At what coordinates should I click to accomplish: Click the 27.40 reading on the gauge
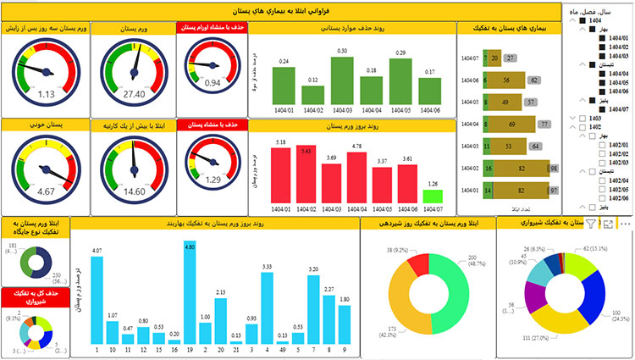click(x=132, y=94)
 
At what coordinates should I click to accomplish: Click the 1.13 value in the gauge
click(x=46, y=94)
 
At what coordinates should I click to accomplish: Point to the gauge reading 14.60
click(x=132, y=191)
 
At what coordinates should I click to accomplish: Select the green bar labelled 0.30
click(x=342, y=80)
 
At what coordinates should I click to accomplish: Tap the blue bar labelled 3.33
click(x=266, y=309)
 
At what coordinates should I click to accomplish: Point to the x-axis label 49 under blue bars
click(x=281, y=351)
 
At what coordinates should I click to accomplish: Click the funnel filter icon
click(x=592, y=224)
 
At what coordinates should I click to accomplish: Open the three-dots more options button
click(x=626, y=224)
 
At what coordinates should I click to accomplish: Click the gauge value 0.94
click(x=213, y=83)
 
